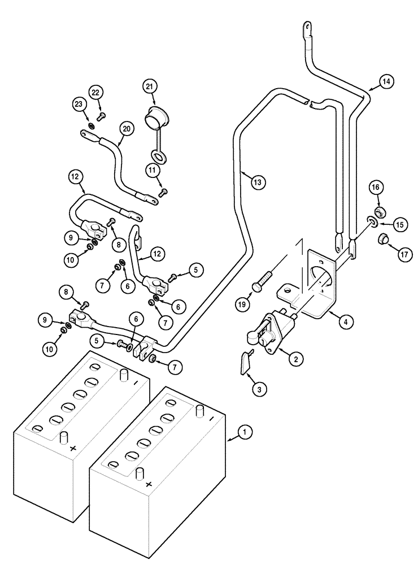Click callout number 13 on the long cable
tap(256, 182)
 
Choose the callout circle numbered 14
tap(385, 82)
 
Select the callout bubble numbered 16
tap(377, 186)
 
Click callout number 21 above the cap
tap(149, 86)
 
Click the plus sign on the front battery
tap(149, 485)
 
